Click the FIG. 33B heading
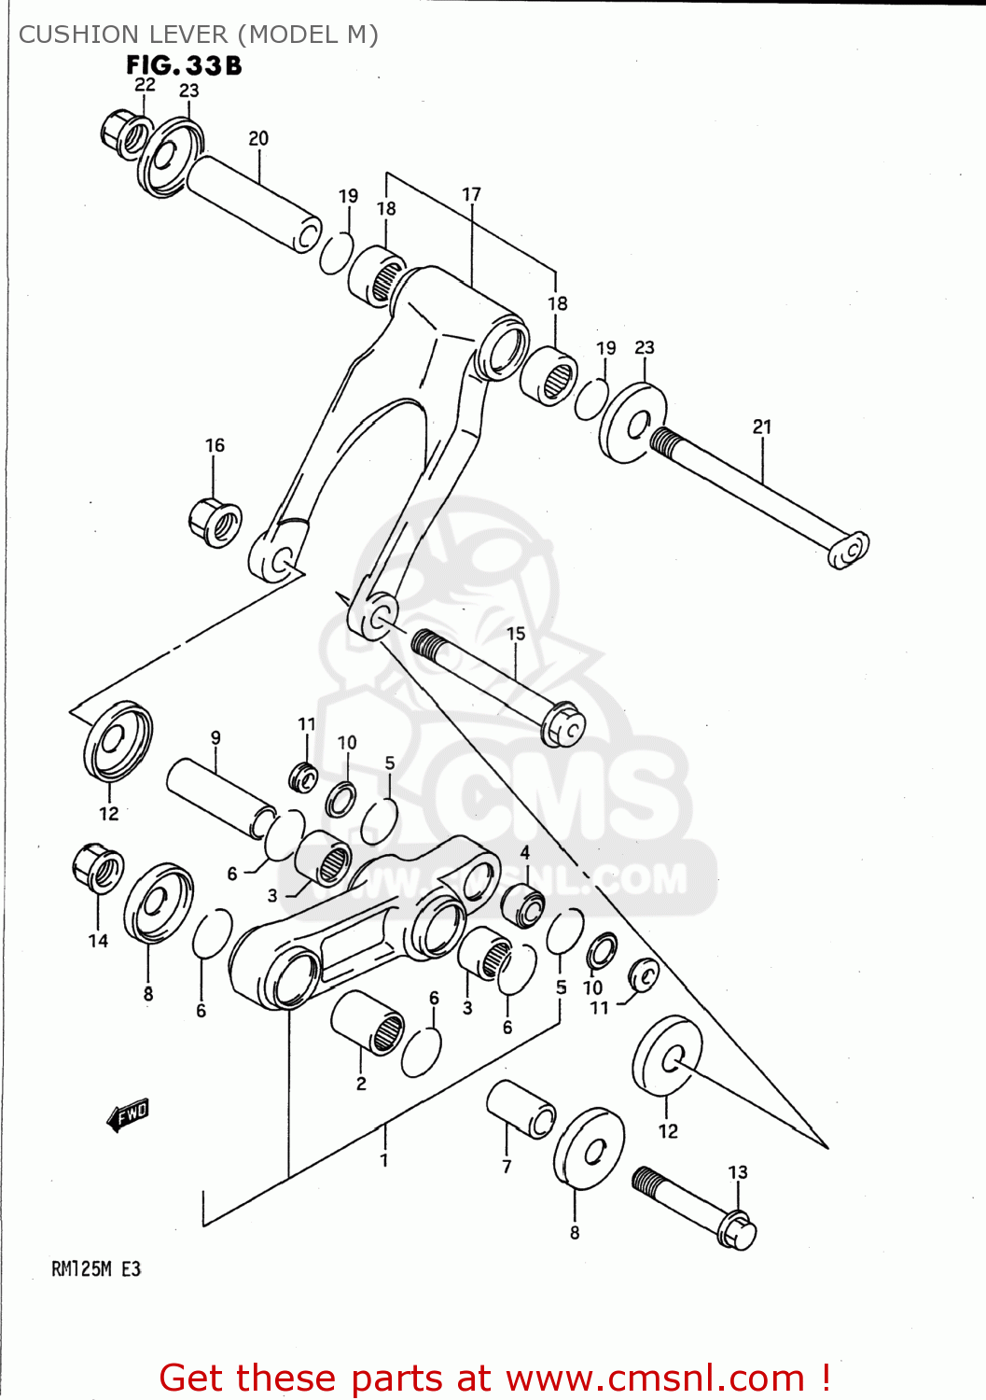point(184,65)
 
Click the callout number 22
point(145,84)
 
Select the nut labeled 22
point(123,134)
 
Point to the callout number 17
point(471,194)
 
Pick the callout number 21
point(762,427)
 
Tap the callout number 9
point(215,737)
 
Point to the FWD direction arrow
point(128,1113)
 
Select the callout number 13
point(738,1171)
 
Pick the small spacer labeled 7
point(521,1108)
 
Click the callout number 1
point(383,1161)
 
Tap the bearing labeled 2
point(368,1022)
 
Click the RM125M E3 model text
point(96,1268)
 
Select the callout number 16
point(215,445)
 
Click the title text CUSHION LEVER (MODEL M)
point(199,35)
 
